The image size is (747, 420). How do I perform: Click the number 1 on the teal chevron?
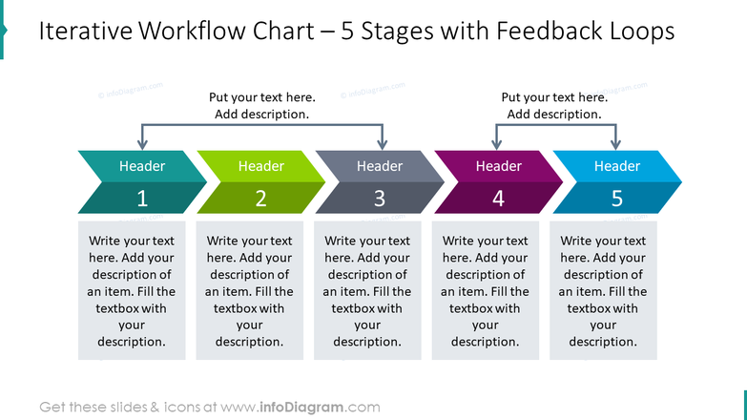pos(142,199)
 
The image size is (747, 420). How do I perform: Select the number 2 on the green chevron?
pos(260,199)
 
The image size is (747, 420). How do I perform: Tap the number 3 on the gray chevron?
pos(379,199)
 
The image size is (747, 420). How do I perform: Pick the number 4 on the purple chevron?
pos(498,199)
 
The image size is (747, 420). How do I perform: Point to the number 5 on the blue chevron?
pos(616,199)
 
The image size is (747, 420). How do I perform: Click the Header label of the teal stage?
pos(142,166)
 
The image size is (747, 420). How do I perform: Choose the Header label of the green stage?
pos(260,166)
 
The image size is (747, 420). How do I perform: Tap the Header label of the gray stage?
pos(379,166)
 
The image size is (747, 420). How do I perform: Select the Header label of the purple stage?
pos(498,166)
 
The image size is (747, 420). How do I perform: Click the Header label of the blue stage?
pos(616,166)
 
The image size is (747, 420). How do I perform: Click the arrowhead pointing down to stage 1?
pos(142,144)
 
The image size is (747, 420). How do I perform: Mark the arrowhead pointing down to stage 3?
pos(382,144)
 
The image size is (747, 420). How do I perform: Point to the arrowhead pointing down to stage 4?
pos(496,144)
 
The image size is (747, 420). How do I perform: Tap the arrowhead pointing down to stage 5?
pos(615,144)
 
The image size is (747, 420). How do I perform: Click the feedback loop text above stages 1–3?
pos(261,106)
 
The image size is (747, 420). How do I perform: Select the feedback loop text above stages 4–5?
pos(554,106)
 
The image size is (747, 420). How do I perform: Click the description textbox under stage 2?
pos(249,291)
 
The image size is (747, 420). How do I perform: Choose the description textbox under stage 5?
pos(603,291)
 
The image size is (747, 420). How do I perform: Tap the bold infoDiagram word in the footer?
pos(302,407)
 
